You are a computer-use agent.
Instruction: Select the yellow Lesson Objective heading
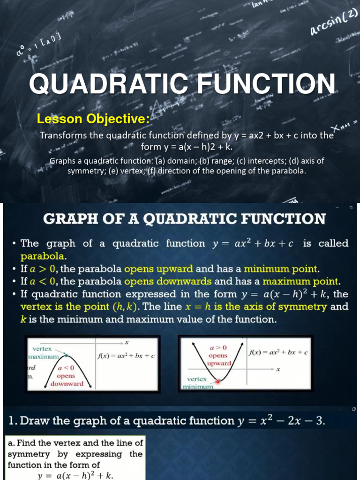click(x=93, y=119)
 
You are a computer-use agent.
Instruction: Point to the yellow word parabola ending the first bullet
click(x=44, y=256)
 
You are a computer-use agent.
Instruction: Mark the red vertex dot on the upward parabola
click(x=217, y=382)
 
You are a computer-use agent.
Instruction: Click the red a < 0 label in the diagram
click(x=67, y=368)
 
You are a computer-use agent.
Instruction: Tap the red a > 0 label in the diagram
click(x=217, y=348)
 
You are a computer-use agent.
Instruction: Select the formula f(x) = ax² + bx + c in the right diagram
click(x=277, y=352)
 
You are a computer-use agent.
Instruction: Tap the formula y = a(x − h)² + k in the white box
click(x=75, y=474)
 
